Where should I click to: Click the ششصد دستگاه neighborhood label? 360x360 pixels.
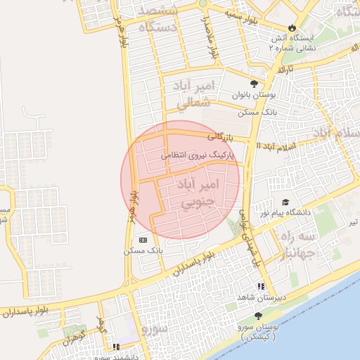click(158, 20)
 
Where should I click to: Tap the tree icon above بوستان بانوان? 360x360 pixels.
click(254, 82)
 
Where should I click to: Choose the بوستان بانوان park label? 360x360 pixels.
click(253, 95)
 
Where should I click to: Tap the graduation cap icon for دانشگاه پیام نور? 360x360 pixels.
click(285, 202)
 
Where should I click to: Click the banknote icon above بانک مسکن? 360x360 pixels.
click(143, 240)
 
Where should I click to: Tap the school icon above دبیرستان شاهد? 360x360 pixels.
click(262, 287)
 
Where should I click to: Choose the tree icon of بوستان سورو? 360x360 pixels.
click(258, 316)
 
